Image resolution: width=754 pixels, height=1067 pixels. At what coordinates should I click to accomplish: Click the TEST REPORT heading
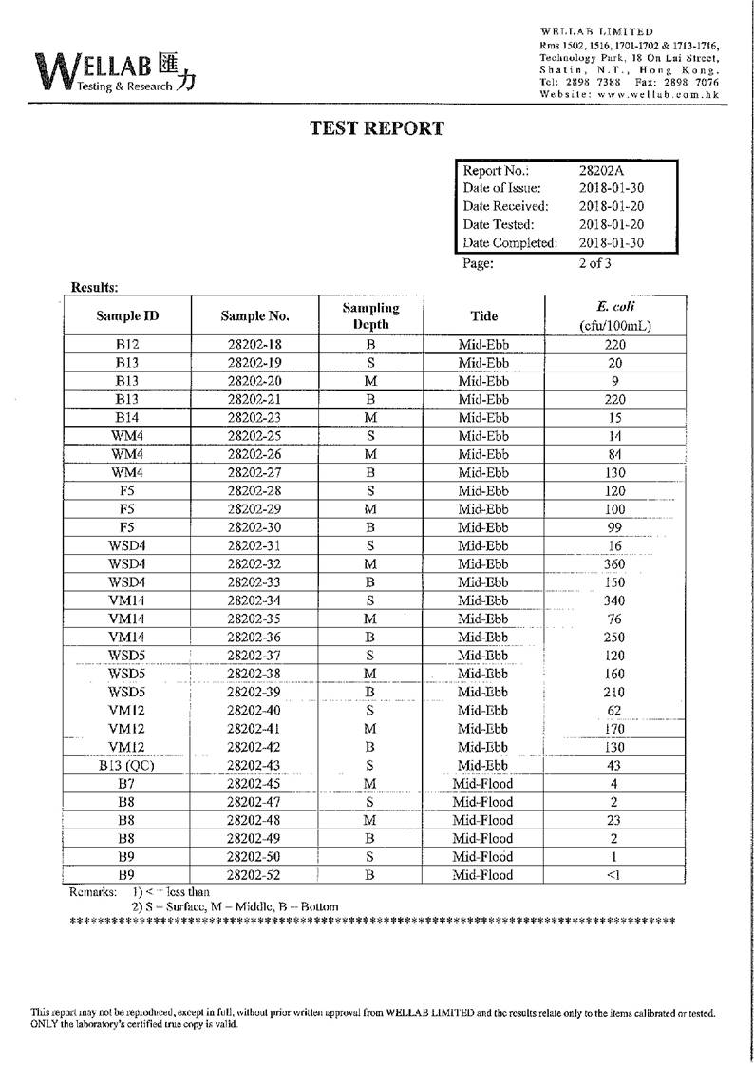[x=377, y=129]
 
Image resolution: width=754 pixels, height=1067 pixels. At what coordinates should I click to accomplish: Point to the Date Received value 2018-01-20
[x=612, y=206]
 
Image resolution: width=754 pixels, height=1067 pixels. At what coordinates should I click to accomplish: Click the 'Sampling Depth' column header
[x=370, y=315]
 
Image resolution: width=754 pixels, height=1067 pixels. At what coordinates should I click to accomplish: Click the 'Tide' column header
[x=483, y=315]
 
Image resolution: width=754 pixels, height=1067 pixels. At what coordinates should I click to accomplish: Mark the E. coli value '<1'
[x=613, y=875]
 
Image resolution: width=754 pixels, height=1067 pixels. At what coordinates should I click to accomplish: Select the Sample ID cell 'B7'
[x=126, y=784]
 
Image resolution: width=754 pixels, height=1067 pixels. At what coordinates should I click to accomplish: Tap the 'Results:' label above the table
[x=94, y=287]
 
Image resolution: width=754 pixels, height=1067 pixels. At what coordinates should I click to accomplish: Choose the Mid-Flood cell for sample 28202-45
[x=482, y=784]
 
